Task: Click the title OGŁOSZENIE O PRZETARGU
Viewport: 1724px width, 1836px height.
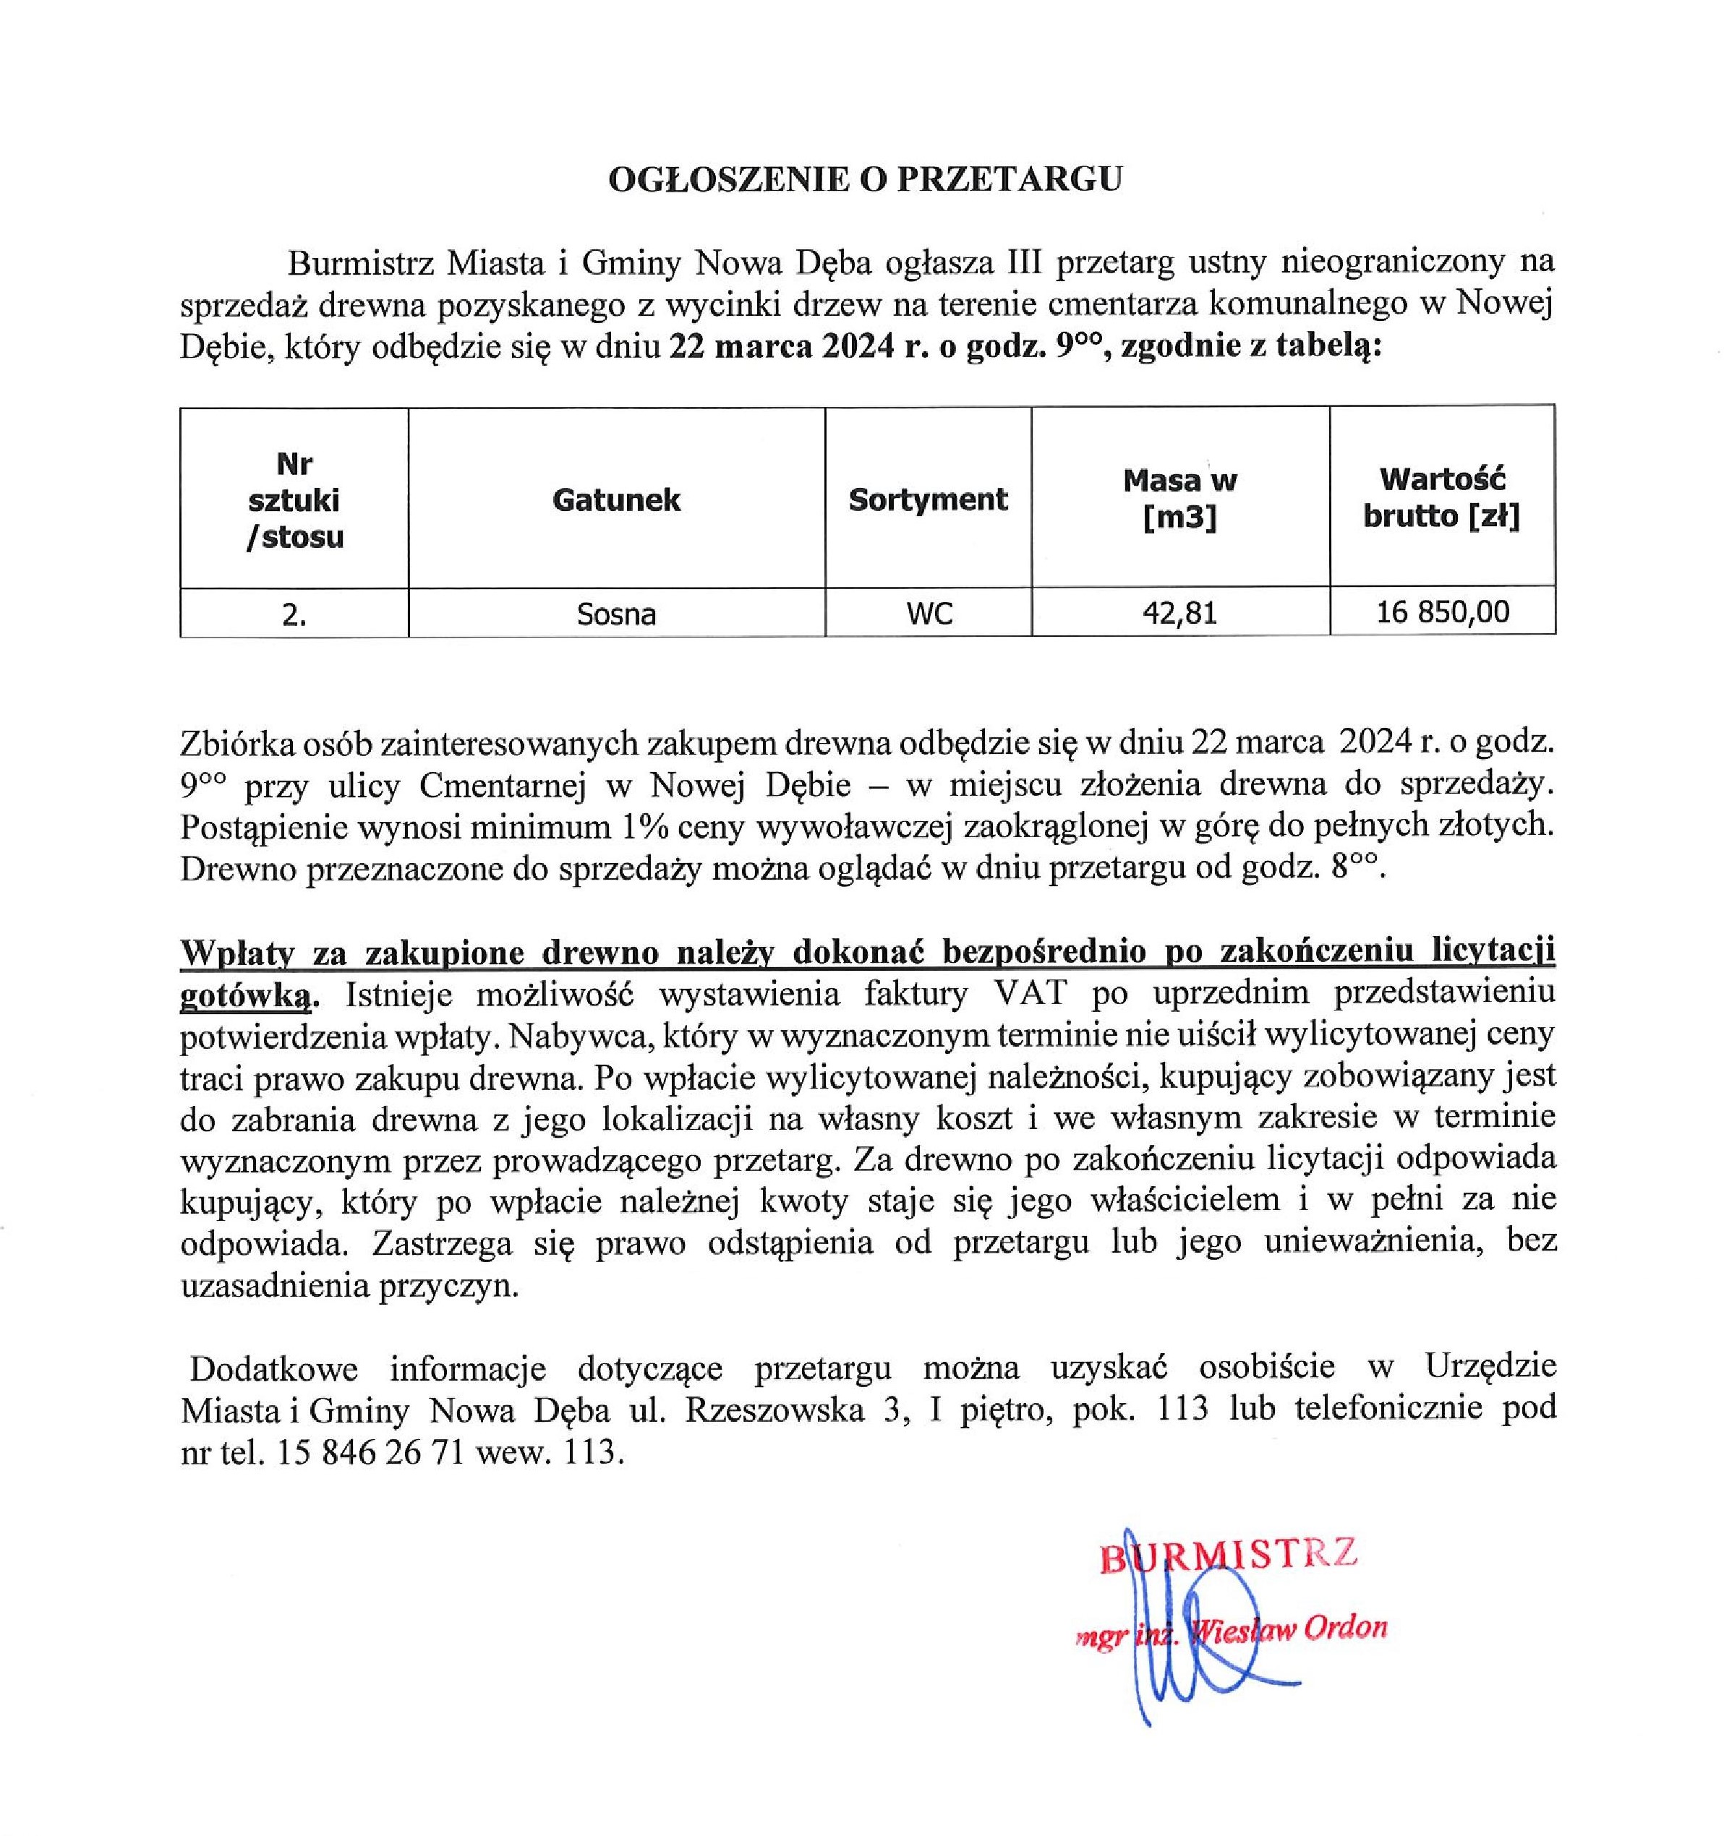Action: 865,179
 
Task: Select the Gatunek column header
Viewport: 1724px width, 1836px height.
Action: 616,500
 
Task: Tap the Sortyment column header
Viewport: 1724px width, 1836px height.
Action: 928,499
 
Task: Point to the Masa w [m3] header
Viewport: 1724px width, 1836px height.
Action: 1179,499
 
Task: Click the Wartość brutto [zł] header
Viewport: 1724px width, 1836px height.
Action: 1441,498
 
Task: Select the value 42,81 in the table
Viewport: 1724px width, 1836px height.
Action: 1179,613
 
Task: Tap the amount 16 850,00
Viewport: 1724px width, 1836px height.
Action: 1442,612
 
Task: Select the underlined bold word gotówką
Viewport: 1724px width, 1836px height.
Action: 247,995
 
